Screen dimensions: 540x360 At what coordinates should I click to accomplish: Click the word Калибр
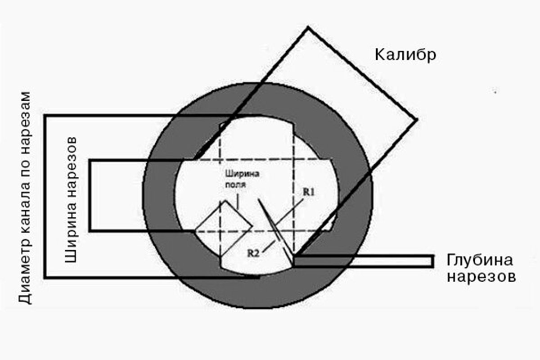point(405,55)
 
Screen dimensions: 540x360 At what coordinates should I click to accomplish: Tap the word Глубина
point(480,261)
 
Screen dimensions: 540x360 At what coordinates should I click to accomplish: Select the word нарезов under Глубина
point(481,278)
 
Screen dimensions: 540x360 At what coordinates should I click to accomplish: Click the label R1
point(309,192)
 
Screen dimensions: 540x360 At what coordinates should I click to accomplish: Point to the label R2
point(253,253)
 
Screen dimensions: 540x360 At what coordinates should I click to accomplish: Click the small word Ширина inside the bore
point(242,174)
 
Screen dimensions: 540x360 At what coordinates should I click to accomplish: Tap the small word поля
point(235,184)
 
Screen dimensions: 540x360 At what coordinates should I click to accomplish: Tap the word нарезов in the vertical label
point(71,169)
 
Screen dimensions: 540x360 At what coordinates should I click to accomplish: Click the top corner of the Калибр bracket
point(308,27)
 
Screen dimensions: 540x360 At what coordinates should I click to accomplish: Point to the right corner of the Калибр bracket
point(417,119)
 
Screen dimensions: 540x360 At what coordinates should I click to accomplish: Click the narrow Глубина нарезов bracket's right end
point(433,261)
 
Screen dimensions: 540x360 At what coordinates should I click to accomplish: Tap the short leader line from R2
point(269,246)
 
